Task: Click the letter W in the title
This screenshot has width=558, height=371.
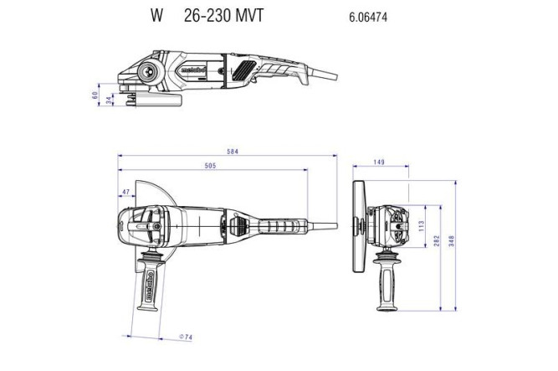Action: (x=156, y=16)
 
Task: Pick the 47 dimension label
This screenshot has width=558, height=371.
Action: (x=126, y=193)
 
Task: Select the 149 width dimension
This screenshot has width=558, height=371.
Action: (x=380, y=162)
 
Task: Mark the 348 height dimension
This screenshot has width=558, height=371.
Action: (x=452, y=242)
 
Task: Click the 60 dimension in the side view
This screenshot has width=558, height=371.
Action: (x=95, y=94)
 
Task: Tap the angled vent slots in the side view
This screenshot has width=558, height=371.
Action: (x=248, y=70)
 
